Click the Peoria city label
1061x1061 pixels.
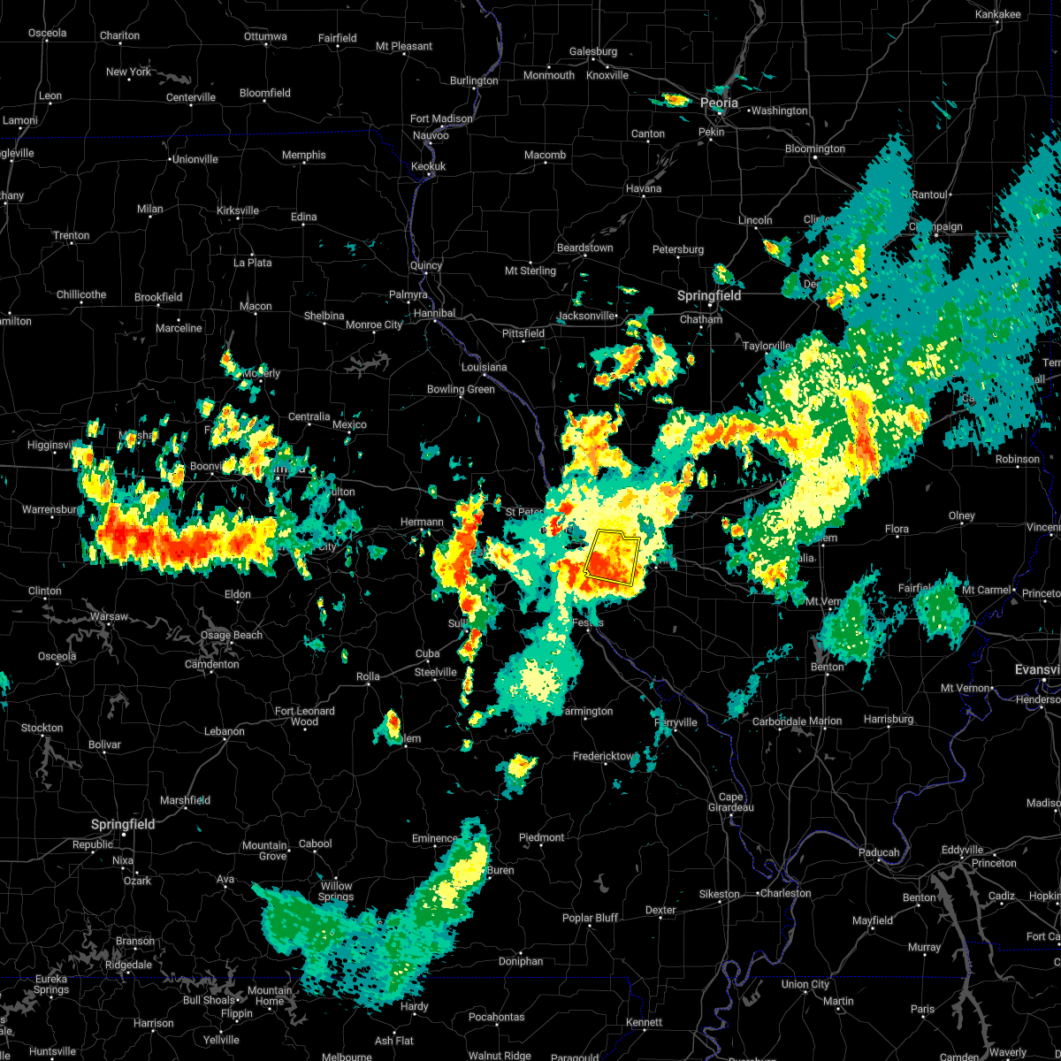pos(719,103)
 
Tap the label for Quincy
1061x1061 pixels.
pos(425,265)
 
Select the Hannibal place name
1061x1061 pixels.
pos(434,313)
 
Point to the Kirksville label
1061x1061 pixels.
pos(238,210)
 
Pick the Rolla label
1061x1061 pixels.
pos(368,676)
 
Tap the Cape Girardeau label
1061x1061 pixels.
pos(731,802)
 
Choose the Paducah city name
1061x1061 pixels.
pos(879,852)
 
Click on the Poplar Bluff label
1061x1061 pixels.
pos(590,918)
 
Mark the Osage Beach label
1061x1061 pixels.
pos(232,635)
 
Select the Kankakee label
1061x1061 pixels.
pos(997,14)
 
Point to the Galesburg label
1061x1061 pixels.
pos(592,52)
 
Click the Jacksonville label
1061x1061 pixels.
pos(585,316)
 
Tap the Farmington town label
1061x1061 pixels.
pos(586,711)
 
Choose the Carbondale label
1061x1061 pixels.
pos(779,721)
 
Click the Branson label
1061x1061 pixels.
pos(135,941)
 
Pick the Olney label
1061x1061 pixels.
pos(961,515)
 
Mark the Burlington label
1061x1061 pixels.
pos(474,80)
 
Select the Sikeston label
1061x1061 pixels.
pos(719,894)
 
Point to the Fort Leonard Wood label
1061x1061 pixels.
pos(305,716)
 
